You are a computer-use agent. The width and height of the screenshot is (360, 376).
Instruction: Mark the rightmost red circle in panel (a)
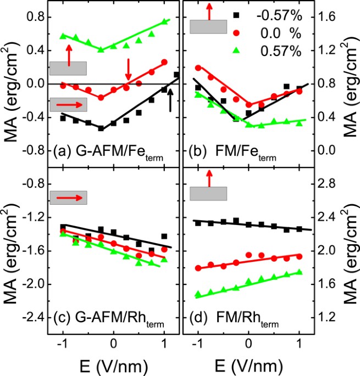pos(164,62)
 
